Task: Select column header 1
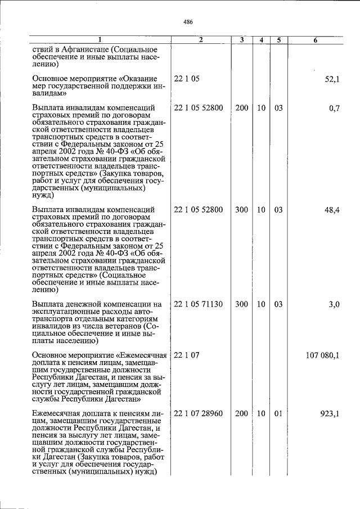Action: [x=100, y=40]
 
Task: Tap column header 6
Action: [x=315, y=40]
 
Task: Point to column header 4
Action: [x=261, y=40]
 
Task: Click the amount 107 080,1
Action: [x=322, y=355]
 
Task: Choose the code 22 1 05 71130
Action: [x=199, y=304]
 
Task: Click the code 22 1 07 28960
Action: [x=199, y=413]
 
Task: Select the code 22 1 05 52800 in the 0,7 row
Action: [x=199, y=108]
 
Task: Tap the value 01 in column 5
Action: [x=278, y=413]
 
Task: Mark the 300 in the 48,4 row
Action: [x=241, y=210]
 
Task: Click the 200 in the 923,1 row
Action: [x=241, y=413]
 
